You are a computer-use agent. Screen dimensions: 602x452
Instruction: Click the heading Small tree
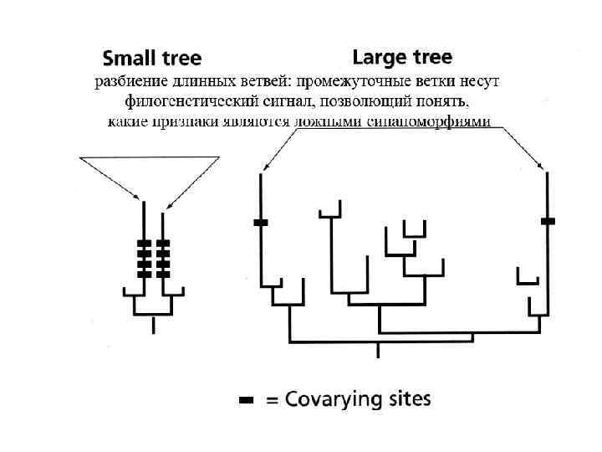tap(151, 59)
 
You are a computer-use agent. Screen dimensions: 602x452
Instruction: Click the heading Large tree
tap(402, 57)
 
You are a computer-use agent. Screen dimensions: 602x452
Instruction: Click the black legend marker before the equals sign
tap(247, 401)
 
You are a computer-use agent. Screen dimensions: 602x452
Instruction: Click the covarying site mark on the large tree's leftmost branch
tap(261, 222)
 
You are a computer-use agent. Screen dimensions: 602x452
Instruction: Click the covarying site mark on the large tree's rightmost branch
tap(548, 220)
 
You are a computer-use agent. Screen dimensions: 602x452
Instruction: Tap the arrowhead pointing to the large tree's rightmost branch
tap(546, 170)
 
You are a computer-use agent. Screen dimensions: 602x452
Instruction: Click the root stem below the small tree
tap(153, 325)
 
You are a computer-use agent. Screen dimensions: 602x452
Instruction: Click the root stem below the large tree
tap(378, 350)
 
